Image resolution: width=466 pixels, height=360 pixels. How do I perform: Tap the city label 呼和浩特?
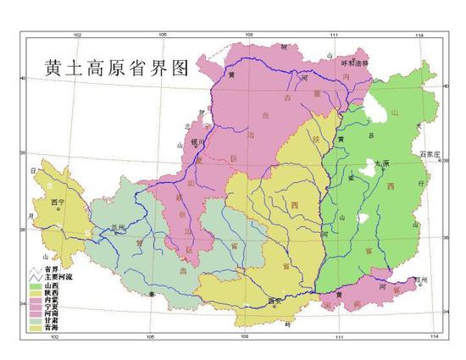(331, 62)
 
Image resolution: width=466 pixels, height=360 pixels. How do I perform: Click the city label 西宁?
(58, 202)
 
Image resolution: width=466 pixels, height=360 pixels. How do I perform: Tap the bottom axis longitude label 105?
(151, 338)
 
